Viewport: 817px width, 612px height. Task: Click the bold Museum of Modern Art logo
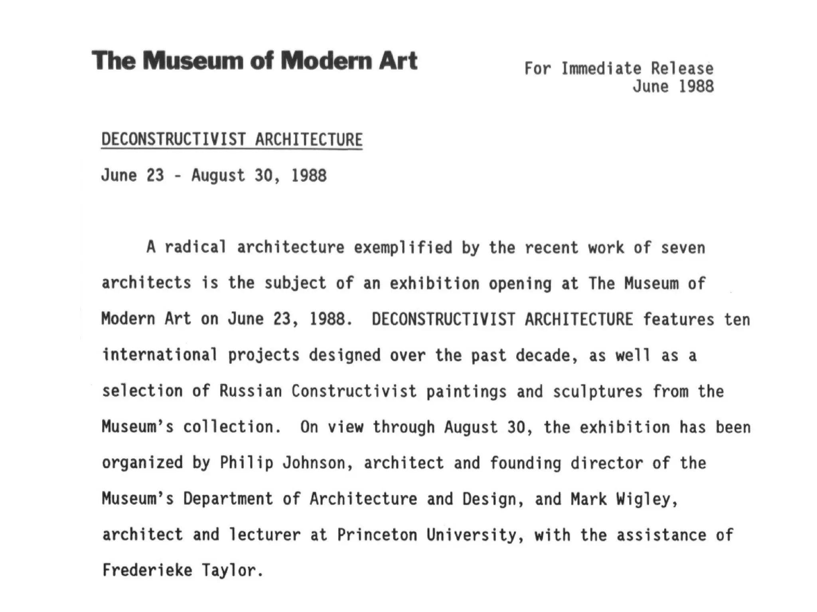point(255,61)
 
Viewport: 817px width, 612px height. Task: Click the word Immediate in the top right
point(601,69)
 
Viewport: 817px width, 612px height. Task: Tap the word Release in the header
point(682,69)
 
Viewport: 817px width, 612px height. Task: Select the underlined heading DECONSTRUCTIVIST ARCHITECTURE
point(232,139)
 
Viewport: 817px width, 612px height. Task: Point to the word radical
point(195,247)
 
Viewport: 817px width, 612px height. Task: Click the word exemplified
point(403,248)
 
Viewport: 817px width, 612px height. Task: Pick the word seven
point(683,248)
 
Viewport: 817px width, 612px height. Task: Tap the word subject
point(295,284)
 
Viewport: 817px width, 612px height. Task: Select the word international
point(160,355)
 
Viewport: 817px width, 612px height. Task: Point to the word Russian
point(251,391)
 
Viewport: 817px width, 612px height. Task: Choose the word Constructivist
point(354,391)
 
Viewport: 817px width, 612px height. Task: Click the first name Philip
point(247,463)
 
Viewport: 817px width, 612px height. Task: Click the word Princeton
point(377,535)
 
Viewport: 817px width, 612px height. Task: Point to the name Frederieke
point(147,570)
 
